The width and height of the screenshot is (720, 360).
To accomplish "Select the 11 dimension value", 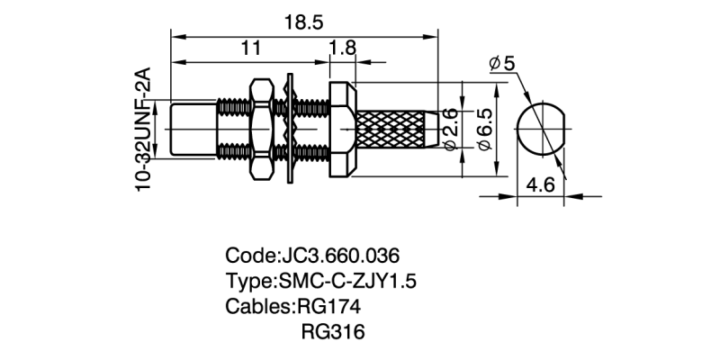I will click(x=251, y=49).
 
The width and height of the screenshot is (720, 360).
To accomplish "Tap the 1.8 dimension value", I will click(x=341, y=49).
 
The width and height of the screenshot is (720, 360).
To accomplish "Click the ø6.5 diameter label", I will click(x=483, y=131).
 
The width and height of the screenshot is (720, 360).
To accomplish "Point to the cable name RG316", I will click(x=332, y=332).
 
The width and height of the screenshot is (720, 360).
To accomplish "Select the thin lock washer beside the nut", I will click(x=290, y=130).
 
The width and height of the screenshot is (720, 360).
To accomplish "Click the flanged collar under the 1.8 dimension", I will click(x=344, y=130).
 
